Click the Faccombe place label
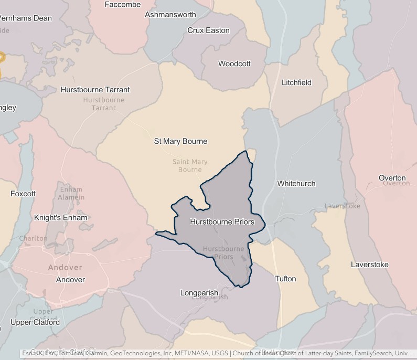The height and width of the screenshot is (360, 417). [123, 5]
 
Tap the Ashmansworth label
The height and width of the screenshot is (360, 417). [170, 15]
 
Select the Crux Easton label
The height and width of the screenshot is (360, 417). [208, 30]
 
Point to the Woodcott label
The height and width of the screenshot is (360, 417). [234, 64]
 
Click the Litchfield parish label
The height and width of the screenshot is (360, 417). [296, 82]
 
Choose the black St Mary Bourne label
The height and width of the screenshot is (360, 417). [180, 141]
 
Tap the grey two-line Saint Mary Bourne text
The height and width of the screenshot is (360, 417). [190, 166]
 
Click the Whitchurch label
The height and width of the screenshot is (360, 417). [296, 184]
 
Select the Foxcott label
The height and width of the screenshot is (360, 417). [23, 194]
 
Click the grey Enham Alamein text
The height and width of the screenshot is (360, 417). [72, 193]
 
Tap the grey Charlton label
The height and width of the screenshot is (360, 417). [33, 238]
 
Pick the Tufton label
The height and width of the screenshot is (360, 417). [285, 279]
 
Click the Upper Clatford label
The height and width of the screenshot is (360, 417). [35, 322]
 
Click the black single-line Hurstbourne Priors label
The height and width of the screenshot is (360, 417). [222, 222]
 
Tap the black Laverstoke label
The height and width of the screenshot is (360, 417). [370, 264]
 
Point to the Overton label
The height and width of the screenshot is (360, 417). [392, 178]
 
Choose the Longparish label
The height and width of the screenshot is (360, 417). [199, 292]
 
